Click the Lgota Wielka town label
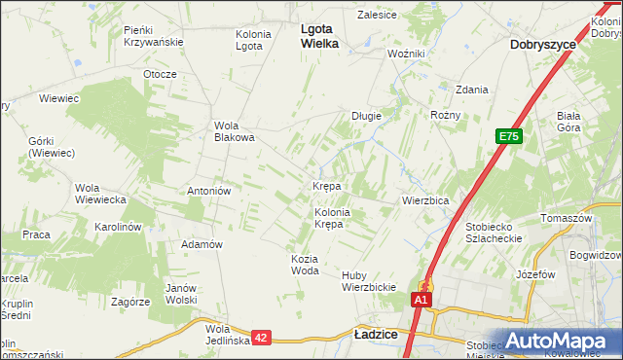point(318,36)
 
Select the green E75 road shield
point(509,137)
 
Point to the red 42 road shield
point(261,337)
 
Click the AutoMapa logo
point(563,342)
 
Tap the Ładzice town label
point(375,334)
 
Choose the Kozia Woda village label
point(305,265)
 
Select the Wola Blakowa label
point(235,131)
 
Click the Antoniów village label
point(208,191)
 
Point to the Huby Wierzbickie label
point(368,281)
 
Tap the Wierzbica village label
point(425,200)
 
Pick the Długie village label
point(366,116)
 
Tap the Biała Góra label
point(568,121)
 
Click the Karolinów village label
point(119,227)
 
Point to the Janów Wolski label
point(181,294)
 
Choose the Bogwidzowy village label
point(598,255)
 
